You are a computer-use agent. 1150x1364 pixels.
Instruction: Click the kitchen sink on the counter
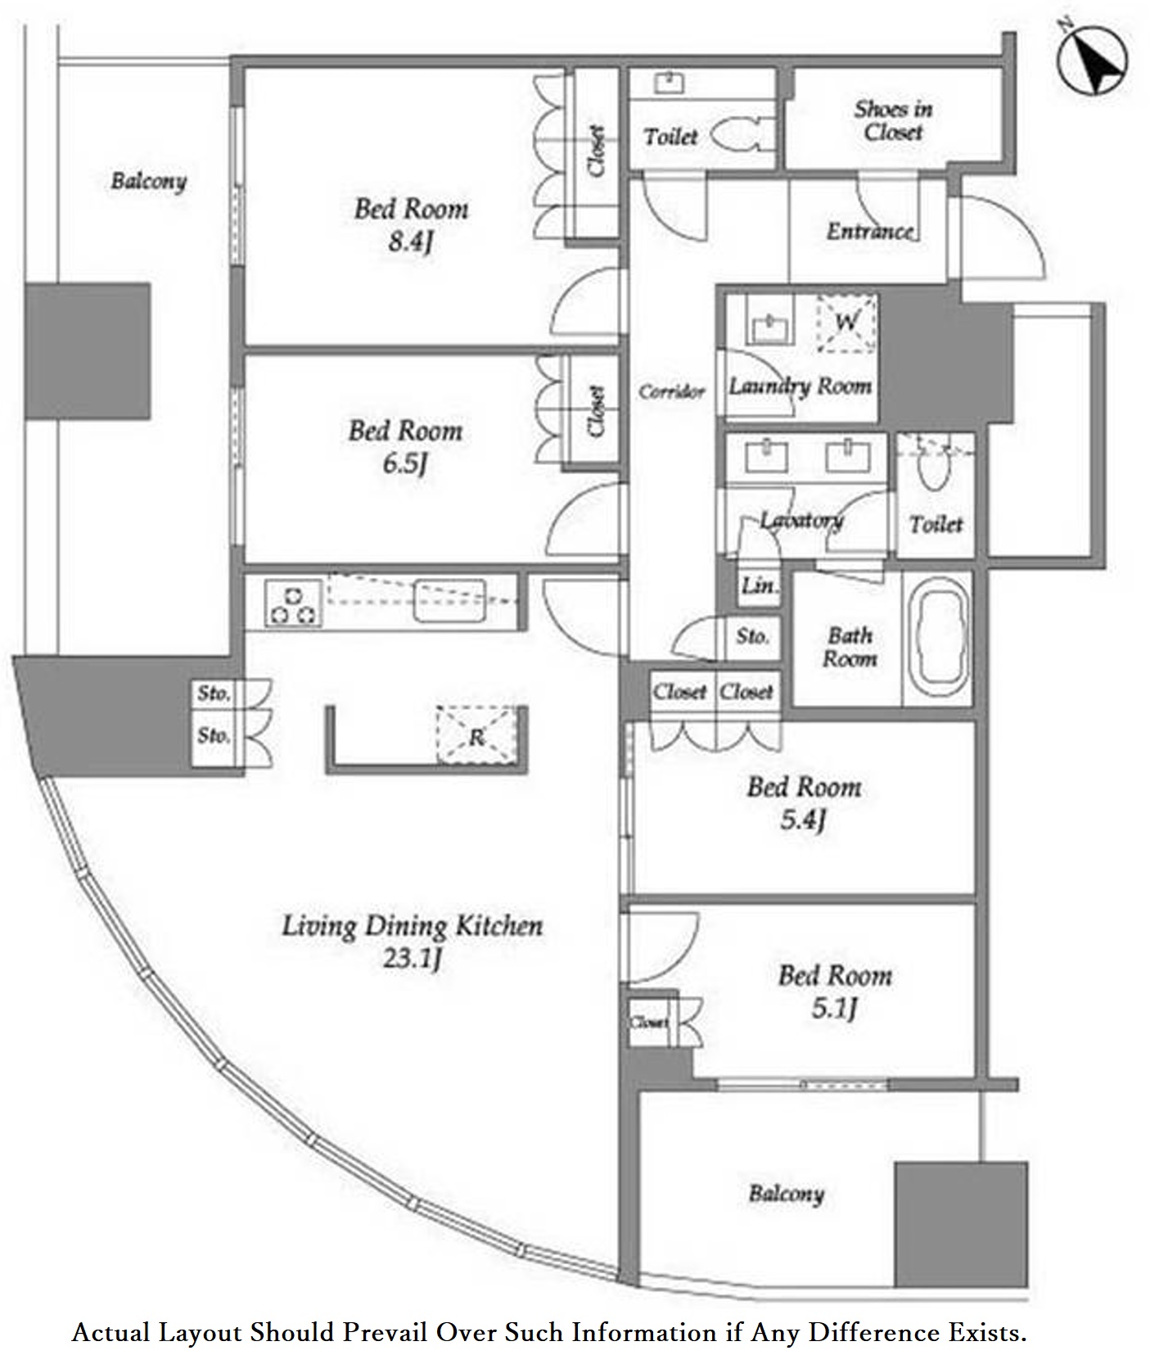pos(449,601)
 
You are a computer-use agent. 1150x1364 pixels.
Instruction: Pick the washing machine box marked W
pos(846,323)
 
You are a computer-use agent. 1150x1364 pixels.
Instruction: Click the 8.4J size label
pos(410,242)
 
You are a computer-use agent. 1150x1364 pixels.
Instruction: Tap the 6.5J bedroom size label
pos(405,464)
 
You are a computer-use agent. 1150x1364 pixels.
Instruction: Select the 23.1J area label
pos(412,958)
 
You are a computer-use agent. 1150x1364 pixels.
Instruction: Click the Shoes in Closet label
pos(893,120)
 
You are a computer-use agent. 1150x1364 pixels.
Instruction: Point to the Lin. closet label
pos(759,585)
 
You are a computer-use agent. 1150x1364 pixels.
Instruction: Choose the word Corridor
pos(671,391)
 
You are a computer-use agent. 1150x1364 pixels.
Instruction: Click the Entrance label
pos(869,232)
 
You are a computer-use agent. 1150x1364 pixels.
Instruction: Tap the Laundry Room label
pos(800,386)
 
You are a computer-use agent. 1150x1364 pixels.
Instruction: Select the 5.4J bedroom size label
pos(802,820)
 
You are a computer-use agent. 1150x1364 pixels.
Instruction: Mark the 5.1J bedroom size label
pos(834,1008)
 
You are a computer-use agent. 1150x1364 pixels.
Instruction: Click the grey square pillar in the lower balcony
pos(960,1223)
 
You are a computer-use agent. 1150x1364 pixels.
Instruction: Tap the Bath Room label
pos(850,647)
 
